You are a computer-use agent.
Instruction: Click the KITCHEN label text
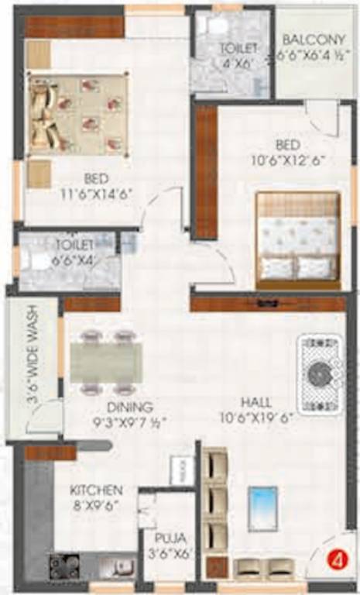(96, 490)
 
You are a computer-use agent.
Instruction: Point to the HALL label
(255, 403)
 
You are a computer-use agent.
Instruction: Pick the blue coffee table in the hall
(262, 508)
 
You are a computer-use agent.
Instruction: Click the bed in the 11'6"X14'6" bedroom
(77, 114)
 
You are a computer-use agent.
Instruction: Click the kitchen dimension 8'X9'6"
(96, 507)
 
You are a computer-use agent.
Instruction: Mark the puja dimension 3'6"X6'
(171, 555)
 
